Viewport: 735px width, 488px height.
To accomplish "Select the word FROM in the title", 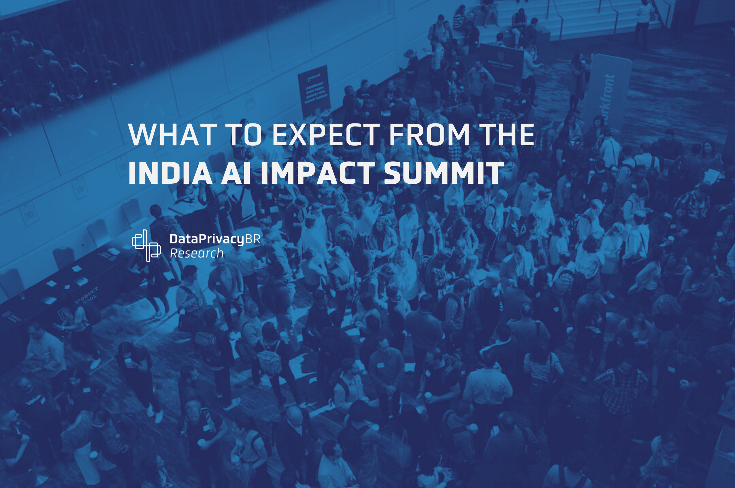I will pos(429,134).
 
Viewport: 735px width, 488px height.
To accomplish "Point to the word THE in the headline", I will pos(506,134).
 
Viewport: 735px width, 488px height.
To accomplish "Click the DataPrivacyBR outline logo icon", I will pos(146,245).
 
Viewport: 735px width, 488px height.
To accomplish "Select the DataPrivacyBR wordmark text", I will pos(215,239).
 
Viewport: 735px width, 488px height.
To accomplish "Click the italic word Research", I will pos(197,253).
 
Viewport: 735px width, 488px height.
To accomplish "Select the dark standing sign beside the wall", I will pos(314,89).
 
